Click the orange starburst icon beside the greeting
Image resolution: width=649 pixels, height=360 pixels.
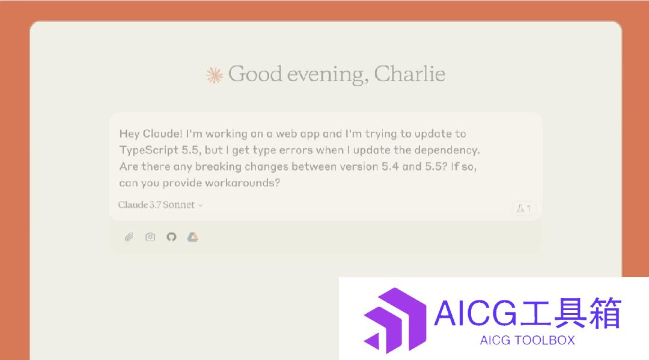tap(215, 75)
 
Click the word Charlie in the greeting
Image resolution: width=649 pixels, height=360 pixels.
tap(410, 74)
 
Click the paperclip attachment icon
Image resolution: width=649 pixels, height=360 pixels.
tap(129, 237)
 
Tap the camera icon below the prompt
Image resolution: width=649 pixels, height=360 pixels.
tap(150, 237)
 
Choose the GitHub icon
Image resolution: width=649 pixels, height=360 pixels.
tap(171, 237)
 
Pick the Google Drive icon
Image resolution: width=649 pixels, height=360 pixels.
tap(192, 237)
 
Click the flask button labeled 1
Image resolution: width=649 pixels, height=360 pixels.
tap(523, 209)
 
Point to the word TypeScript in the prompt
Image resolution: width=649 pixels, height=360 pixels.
tap(149, 150)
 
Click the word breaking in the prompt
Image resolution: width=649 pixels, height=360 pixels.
tap(218, 166)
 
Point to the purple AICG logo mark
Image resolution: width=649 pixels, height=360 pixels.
tap(395, 321)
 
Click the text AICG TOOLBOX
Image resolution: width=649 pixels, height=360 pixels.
tap(528, 341)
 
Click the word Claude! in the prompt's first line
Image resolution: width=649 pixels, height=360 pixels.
tap(162, 133)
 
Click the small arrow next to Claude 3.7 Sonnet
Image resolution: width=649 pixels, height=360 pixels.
tap(200, 205)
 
